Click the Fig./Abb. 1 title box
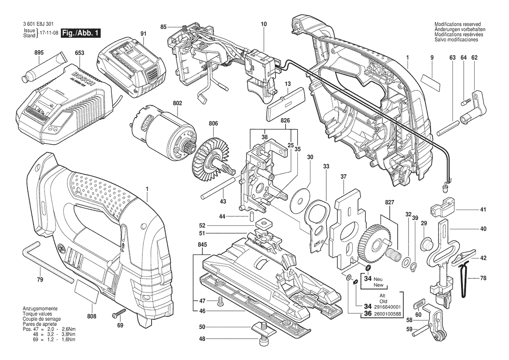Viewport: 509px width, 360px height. (81, 33)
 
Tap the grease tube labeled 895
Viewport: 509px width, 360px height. (44, 70)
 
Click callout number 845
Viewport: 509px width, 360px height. (202, 245)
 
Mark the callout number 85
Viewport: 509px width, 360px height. (164, 27)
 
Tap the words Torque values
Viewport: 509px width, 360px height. (37, 314)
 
